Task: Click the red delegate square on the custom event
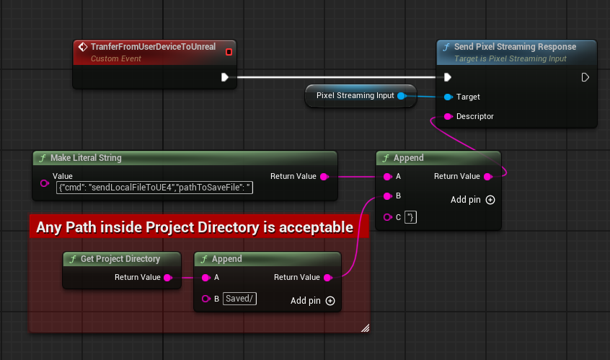point(229,52)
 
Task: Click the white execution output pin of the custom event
point(225,77)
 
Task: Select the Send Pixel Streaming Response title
point(515,47)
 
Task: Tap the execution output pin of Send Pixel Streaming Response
point(585,77)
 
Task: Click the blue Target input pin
point(448,97)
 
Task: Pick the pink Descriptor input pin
point(448,116)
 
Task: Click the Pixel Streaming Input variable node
point(355,95)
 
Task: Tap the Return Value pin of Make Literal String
point(324,176)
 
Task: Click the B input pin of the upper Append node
point(388,196)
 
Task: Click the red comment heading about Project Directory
point(195,227)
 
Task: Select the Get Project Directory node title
point(120,259)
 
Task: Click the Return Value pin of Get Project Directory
point(168,277)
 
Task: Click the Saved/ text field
point(240,299)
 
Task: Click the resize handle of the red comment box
point(365,328)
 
